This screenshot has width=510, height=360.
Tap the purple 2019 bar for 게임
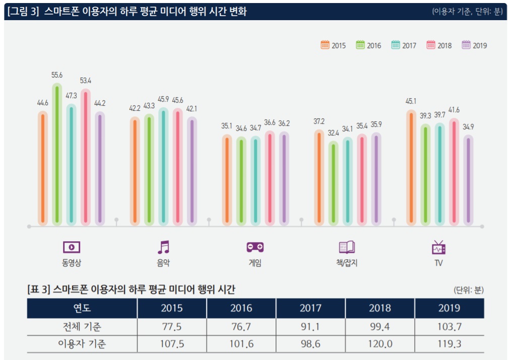point(284,179)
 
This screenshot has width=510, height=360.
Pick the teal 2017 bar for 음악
point(163,166)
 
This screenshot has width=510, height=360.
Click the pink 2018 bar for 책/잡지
point(362,180)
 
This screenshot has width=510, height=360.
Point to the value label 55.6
point(57,75)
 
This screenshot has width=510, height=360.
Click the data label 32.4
point(333,133)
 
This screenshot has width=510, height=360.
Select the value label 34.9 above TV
point(468,127)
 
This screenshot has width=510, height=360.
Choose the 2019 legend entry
point(474,45)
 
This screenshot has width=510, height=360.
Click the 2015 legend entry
point(333,45)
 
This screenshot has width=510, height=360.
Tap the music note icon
point(163,247)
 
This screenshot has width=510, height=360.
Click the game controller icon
point(255,247)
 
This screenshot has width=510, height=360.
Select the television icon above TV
point(438,247)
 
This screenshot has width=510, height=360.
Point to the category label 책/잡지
point(347,263)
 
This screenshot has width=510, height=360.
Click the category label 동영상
point(71,263)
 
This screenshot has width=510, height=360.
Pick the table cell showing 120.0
point(379,344)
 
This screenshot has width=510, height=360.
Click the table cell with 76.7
point(241,327)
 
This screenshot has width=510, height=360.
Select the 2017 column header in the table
point(310,308)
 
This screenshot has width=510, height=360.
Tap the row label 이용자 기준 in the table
point(82,344)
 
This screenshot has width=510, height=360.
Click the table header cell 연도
point(82,308)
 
